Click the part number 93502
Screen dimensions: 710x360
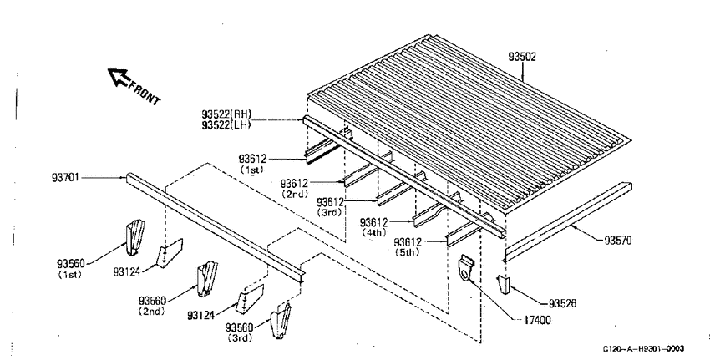(x=521, y=57)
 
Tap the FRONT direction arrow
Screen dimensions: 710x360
(x=119, y=77)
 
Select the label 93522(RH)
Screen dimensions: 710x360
(x=226, y=114)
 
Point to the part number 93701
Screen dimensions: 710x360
(x=65, y=177)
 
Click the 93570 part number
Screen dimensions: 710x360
(x=617, y=240)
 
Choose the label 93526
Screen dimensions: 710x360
(x=563, y=303)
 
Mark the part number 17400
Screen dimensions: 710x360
(x=537, y=320)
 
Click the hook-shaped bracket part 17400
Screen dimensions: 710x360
(x=465, y=268)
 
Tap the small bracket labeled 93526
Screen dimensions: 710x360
(x=504, y=284)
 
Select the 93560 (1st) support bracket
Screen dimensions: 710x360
(x=135, y=237)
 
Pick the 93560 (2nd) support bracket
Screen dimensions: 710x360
(x=206, y=279)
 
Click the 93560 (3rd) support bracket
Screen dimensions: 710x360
(x=281, y=321)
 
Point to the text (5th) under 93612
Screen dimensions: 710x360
(x=407, y=252)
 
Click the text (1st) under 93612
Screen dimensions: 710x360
(x=251, y=170)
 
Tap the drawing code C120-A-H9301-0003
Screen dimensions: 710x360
(x=643, y=348)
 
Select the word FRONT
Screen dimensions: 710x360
(x=145, y=93)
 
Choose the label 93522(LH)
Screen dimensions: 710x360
(x=226, y=124)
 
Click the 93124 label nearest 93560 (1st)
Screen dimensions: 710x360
(x=127, y=271)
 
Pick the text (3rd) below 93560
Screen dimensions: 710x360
(x=241, y=337)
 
